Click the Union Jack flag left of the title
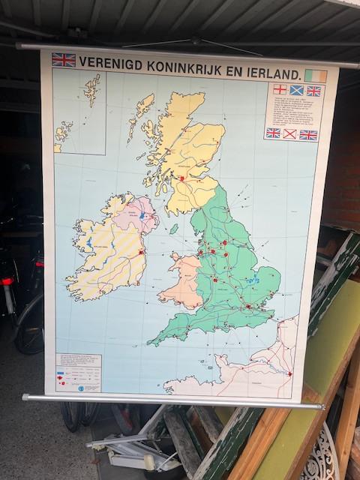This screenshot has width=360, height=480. pos(63,59)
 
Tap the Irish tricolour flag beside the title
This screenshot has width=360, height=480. pos(316,76)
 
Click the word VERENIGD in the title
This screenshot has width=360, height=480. pos(113,63)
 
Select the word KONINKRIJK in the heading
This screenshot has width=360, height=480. pos(196,68)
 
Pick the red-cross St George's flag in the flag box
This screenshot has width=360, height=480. pos(280,88)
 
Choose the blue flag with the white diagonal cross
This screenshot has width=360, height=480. pos(296,90)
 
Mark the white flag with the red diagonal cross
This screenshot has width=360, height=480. pos(289,133)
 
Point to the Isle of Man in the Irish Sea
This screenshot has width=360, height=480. pos(174,228)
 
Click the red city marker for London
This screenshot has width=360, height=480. pos(248,306)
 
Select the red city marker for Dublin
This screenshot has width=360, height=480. pos(140,253)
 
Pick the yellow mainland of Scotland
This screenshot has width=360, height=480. pos(184,150)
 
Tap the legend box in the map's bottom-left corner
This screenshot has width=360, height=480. pos(78,372)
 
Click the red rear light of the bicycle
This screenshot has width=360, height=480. pos(7,281)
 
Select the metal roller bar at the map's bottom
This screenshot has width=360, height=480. pos(172,401)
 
